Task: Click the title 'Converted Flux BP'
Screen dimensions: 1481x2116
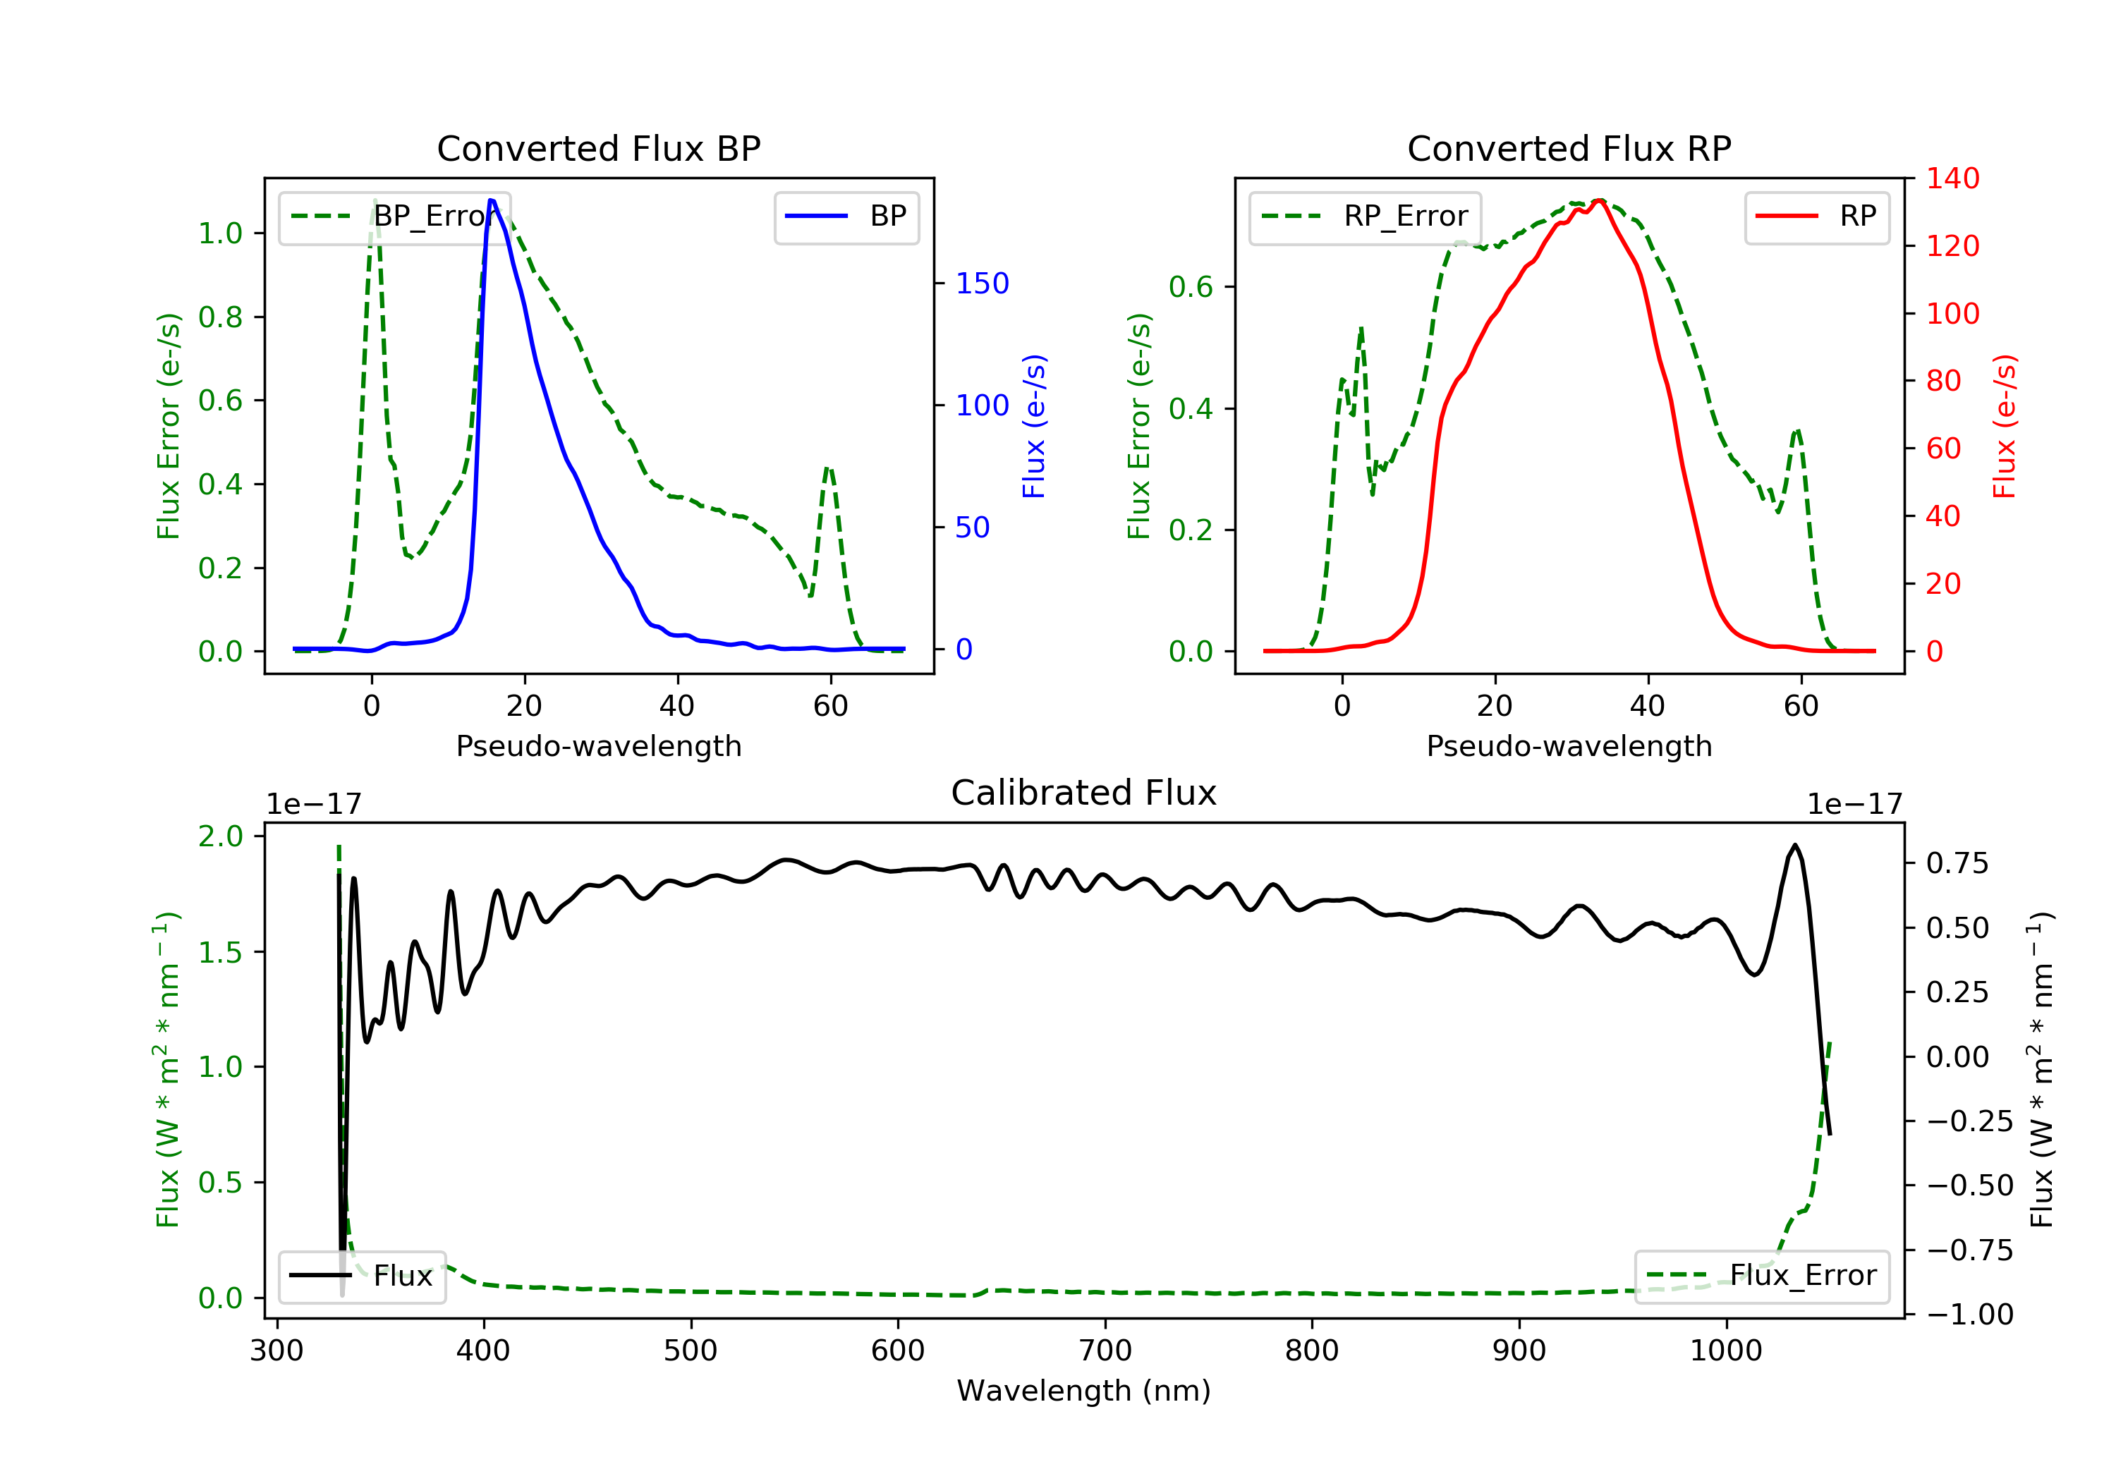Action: coord(598,148)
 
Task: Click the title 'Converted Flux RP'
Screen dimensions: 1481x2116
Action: coord(1569,148)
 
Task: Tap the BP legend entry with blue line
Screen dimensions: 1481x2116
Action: coord(847,217)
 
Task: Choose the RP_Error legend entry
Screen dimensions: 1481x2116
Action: coord(1365,217)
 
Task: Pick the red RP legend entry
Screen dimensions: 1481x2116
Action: coord(1816,217)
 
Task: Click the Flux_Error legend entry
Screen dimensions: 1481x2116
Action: coord(1761,1276)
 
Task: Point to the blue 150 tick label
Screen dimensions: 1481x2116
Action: coord(982,284)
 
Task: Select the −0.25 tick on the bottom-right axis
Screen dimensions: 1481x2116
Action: coord(1969,1121)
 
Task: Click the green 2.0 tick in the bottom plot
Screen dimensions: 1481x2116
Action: coord(221,837)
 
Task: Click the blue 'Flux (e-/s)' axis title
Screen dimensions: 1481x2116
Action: coord(1034,427)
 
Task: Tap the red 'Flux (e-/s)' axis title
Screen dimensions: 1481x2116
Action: coord(2005,427)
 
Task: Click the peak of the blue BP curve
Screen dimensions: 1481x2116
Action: coord(492,200)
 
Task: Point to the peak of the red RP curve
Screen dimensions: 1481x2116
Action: coord(1600,200)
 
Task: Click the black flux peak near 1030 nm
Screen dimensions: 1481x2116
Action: coord(1794,845)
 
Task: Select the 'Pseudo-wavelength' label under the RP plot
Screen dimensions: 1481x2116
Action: coord(1569,745)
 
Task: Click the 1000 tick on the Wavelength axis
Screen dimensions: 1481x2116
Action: coord(1725,1351)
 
